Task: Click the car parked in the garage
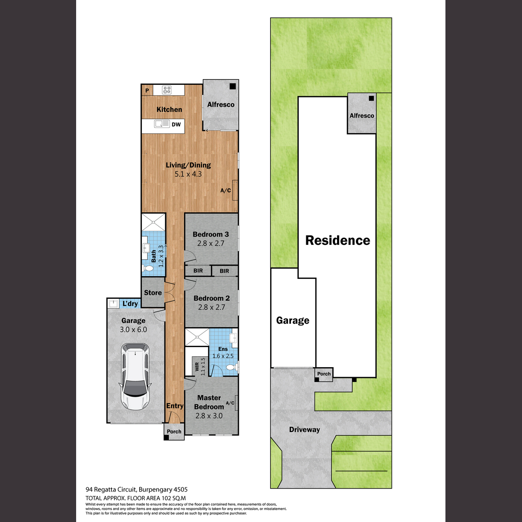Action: [x=135, y=377]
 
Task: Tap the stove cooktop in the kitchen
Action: [x=167, y=90]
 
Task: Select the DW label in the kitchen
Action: [x=176, y=124]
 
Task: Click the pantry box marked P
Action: [x=147, y=90]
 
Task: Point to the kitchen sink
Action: [x=162, y=124]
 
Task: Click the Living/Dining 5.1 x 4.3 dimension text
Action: [x=188, y=174]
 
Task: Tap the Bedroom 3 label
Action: [x=211, y=234]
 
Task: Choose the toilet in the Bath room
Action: [x=148, y=268]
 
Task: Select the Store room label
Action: [x=153, y=293]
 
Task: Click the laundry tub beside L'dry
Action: [x=113, y=304]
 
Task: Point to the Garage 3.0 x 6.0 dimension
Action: [x=133, y=329]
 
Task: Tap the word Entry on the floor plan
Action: [x=175, y=406]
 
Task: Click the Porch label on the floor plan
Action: [x=174, y=432]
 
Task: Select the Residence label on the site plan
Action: [x=338, y=240]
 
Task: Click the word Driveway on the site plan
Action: [x=304, y=430]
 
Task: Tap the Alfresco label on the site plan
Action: [x=361, y=116]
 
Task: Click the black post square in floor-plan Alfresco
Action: [x=233, y=87]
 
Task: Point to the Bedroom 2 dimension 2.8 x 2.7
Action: [x=211, y=307]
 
